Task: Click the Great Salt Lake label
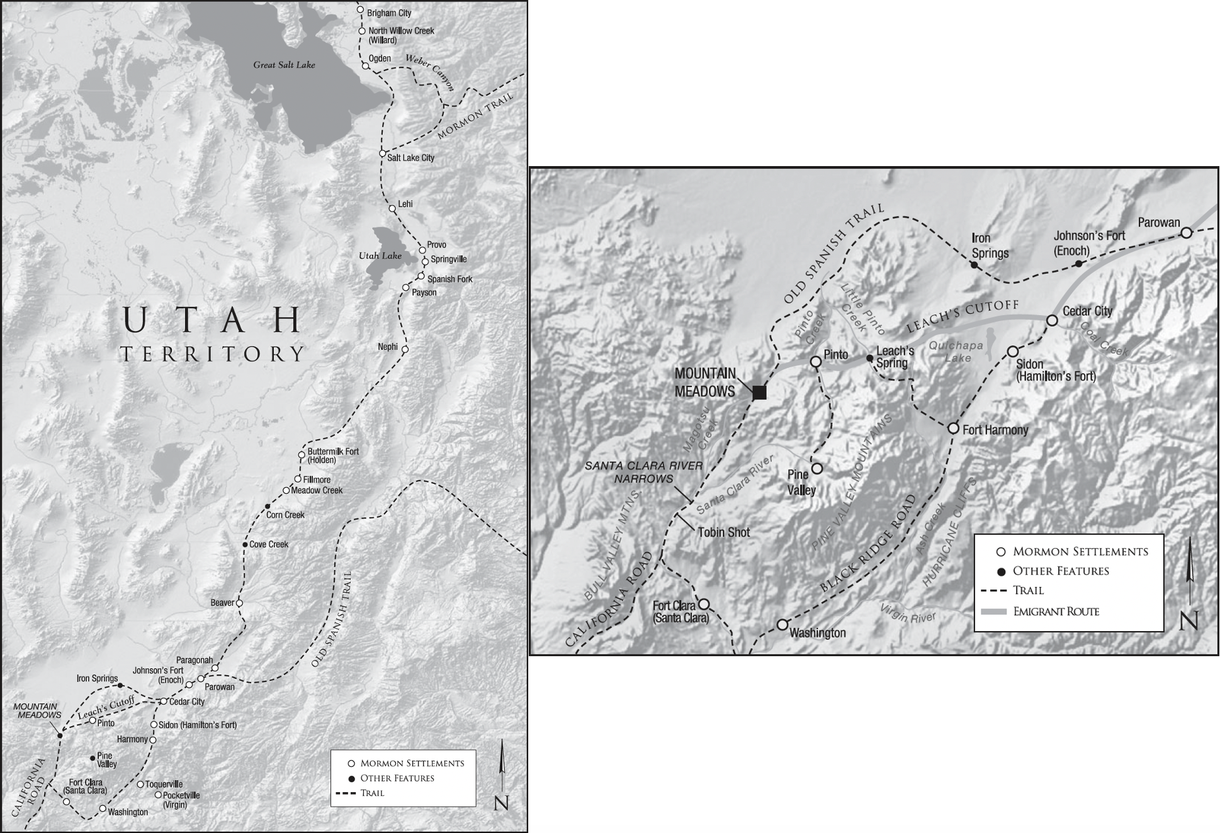[284, 65]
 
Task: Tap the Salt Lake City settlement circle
[382, 154]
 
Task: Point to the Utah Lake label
[380, 256]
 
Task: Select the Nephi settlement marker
[405, 349]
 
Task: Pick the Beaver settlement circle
[239, 603]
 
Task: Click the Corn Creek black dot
[267, 506]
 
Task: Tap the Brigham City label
[389, 13]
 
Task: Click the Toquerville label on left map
[164, 785]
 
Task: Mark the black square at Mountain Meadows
[760, 393]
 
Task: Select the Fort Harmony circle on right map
[953, 428]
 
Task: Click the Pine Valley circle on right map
[816, 469]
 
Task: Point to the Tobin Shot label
[724, 532]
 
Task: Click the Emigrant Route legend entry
[1056, 612]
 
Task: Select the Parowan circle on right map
[1186, 233]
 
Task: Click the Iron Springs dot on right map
[974, 265]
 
